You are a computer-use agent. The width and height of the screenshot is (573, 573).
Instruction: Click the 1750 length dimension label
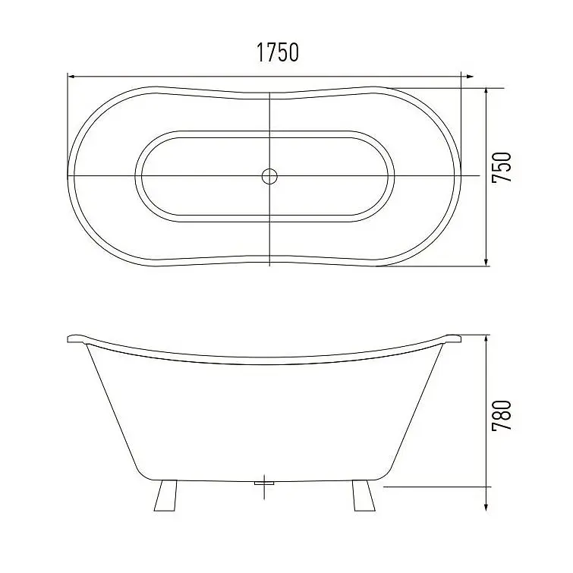coord(278,52)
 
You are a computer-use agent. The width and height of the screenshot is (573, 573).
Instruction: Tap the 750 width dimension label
coord(502,168)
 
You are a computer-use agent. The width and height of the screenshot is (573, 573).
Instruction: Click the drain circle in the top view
coord(269,177)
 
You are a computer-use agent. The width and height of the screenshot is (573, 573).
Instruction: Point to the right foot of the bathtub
coord(364,496)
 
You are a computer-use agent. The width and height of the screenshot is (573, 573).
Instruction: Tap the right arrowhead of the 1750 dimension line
coord(470,77)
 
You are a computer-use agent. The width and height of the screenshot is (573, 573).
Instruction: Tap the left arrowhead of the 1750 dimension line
coord(72,77)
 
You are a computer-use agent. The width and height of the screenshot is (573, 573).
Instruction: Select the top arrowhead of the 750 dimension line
coord(486,92)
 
